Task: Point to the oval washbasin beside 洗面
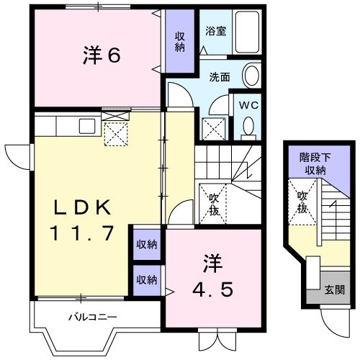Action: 251,75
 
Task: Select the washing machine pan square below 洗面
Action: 215,127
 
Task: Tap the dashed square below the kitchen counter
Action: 115,134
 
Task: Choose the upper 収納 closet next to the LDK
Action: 147,245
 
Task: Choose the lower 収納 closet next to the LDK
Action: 147,279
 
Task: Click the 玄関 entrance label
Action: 334,289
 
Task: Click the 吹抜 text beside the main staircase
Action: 214,204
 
